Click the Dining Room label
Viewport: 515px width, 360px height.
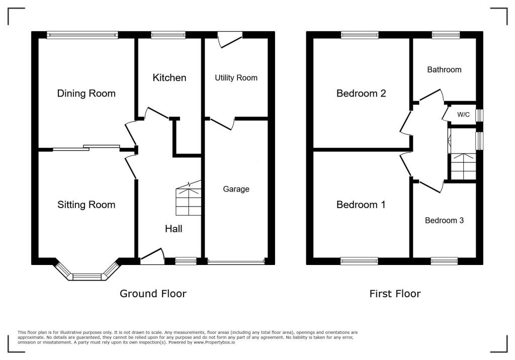coord(86,94)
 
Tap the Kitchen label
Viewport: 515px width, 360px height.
coord(169,78)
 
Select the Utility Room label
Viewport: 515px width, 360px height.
coord(236,78)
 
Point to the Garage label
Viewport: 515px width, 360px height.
coord(236,189)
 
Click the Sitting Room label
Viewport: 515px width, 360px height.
coord(86,205)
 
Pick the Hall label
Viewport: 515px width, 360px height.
coord(174,229)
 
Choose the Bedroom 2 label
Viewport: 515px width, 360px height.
coord(361,94)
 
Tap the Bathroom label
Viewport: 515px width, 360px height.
coord(444,70)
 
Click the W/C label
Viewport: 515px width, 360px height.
coord(463,115)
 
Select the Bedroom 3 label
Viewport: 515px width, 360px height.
coord(444,220)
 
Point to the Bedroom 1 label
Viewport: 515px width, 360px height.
coord(361,205)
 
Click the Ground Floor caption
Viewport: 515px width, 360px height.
coord(153,294)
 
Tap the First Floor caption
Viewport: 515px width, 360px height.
coord(395,294)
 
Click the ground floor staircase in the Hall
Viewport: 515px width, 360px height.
coord(189,201)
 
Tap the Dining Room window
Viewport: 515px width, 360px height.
coord(82,35)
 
